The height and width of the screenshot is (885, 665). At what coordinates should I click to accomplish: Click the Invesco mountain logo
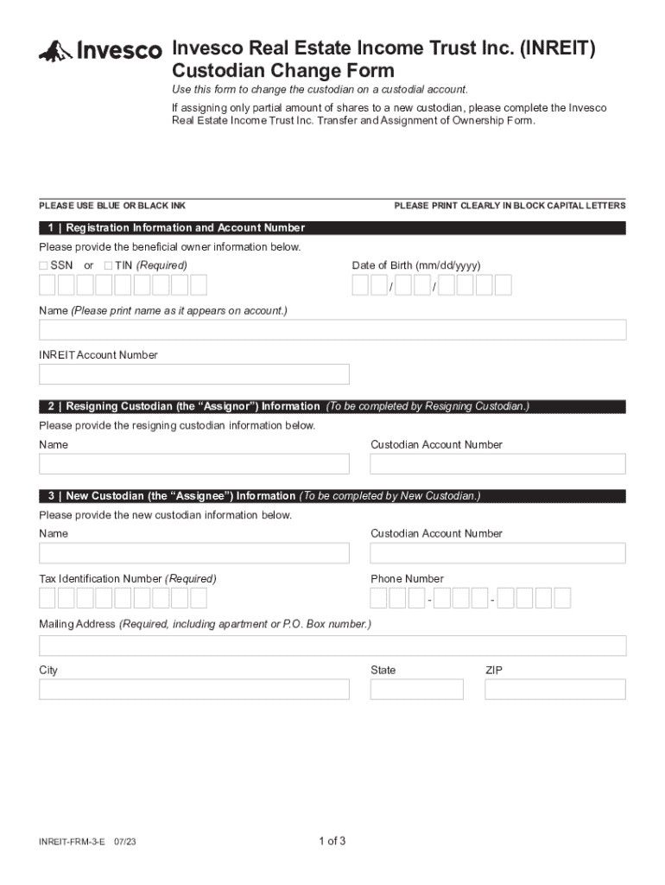[x=54, y=51]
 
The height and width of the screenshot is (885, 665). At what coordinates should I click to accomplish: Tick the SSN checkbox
[x=44, y=265]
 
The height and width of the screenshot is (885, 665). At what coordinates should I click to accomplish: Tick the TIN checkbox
[x=109, y=265]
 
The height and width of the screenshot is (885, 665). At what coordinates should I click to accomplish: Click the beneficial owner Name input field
[x=332, y=329]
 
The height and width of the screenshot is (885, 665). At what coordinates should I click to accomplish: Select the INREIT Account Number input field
[x=194, y=374]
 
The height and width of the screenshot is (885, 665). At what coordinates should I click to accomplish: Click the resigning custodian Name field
[x=194, y=464]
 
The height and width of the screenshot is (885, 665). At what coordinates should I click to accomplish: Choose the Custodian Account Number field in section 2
[x=497, y=464]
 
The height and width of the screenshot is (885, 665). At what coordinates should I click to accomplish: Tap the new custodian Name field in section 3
[x=194, y=553]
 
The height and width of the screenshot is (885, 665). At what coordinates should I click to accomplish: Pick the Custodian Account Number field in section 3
[x=497, y=553]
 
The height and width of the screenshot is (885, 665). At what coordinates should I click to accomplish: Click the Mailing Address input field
[x=332, y=646]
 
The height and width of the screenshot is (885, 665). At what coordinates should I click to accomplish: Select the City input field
[x=194, y=689]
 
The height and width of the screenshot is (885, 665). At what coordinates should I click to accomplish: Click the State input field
[x=416, y=689]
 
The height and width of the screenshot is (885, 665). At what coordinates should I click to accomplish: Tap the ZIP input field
[x=555, y=689]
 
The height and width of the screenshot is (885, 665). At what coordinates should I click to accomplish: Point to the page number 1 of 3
[x=332, y=841]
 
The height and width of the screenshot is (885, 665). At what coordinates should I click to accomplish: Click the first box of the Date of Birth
[x=360, y=285]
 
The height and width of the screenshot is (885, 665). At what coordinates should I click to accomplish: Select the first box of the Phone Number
[x=378, y=598]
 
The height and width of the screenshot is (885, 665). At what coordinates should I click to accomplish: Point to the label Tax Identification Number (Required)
[x=128, y=578]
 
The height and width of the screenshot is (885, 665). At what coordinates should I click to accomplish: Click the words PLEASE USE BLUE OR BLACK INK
[x=112, y=206]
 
